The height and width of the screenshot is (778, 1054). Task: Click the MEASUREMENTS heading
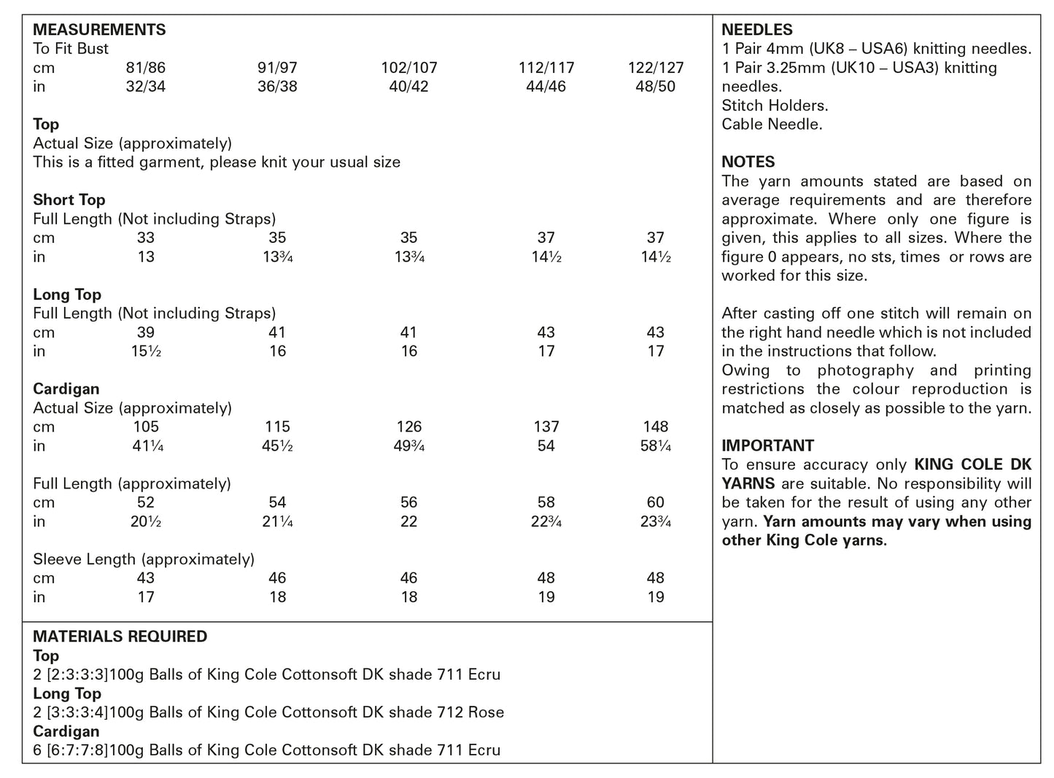click(99, 30)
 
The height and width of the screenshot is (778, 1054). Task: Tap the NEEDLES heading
click(756, 30)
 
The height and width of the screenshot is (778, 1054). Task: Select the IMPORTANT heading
click(767, 446)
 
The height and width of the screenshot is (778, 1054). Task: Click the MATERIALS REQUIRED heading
click(120, 637)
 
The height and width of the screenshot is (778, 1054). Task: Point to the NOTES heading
click(748, 162)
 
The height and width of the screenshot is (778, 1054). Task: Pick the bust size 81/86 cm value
click(146, 68)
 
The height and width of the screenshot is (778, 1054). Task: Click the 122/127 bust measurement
click(656, 68)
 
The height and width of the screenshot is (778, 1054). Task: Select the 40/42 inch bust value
click(408, 87)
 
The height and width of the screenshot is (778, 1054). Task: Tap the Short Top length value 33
click(146, 238)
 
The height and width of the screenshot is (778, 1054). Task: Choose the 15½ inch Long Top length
click(146, 351)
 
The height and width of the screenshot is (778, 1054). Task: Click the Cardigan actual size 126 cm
click(408, 427)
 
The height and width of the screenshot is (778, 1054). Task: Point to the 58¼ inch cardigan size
click(656, 446)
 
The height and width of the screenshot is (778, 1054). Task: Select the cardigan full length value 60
click(656, 502)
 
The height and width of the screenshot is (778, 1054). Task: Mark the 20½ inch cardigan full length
click(146, 521)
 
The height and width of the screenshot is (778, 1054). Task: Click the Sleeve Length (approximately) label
click(144, 559)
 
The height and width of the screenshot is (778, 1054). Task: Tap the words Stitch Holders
click(775, 106)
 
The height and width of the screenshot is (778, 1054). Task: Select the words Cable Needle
click(772, 125)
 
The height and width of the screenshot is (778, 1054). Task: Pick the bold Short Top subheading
click(69, 200)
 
